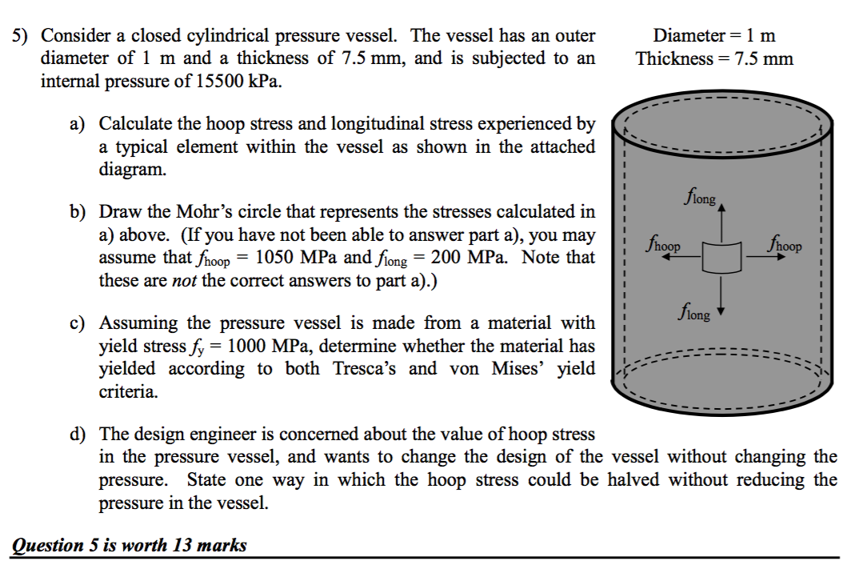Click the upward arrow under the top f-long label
coord(723,220)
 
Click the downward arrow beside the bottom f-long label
coord(723,296)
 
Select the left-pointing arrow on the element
coord(682,258)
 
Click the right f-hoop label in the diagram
coord(785,242)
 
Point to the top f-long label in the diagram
coord(701,195)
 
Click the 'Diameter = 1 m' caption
coord(714,35)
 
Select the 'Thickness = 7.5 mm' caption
coord(714,58)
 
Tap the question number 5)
coord(22,36)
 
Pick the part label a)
coord(78,124)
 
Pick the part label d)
coord(78,435)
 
